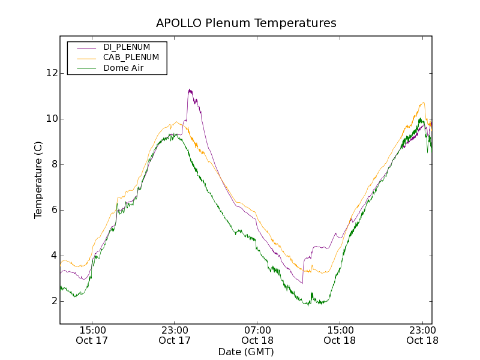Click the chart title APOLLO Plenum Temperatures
(246, 23)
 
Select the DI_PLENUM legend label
(127, 47)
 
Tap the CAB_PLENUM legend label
(131, 58)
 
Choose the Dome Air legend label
(124, 68)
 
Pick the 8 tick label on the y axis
(53, 164)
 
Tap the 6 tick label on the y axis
(53, 210)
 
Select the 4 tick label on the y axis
(53, 256)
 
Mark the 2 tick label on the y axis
(53, 301)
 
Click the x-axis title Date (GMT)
(246, 352)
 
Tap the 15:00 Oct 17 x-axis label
(92, 335)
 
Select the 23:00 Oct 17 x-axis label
(175, 335)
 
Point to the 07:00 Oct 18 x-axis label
(257, 335)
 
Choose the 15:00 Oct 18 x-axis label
(340, 335)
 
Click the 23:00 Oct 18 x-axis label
(422, 335)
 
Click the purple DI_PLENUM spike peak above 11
(190, 90)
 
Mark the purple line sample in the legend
(85, 47)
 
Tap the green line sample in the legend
(85, 68)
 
